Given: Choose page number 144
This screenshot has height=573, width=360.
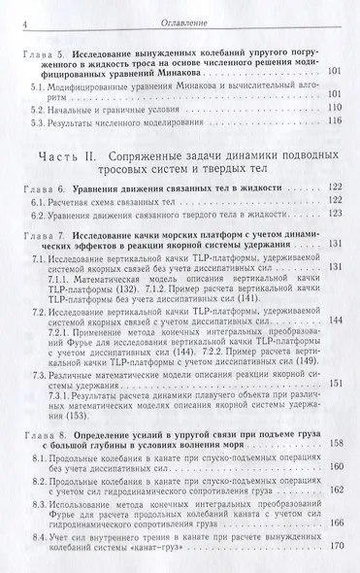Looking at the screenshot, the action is point(335,320).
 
